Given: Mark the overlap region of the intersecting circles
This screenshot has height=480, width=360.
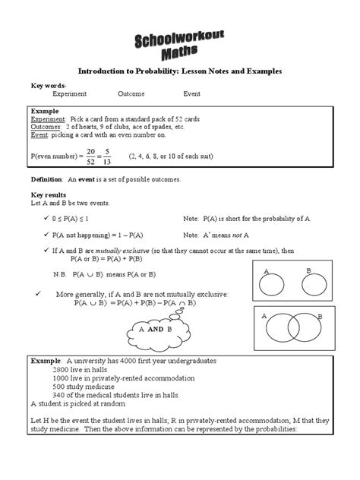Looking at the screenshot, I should pos(290,326).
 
